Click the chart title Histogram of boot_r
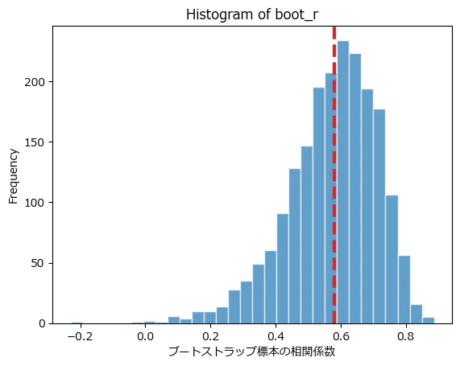coord(252,14)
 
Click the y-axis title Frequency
coord(13,176)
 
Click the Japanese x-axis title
coord(252,352)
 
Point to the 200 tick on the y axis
coord(35,82)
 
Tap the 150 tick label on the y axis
coord(35,143)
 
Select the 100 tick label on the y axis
coord(35,203)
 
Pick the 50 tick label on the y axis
coord(38,264)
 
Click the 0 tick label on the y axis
coord(42,324)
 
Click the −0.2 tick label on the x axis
coord(80,336)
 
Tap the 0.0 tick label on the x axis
coord(145,336)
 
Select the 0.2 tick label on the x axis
coord(210,336)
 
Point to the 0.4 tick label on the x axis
coord(276,336)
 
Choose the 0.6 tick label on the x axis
coord(342,336)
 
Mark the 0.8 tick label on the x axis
coord(406,336)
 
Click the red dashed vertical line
coord(334,175)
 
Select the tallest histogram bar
coord(343,183)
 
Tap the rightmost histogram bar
coord(429,321)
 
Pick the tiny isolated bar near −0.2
coord(77,323)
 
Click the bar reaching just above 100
coord(392,259)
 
